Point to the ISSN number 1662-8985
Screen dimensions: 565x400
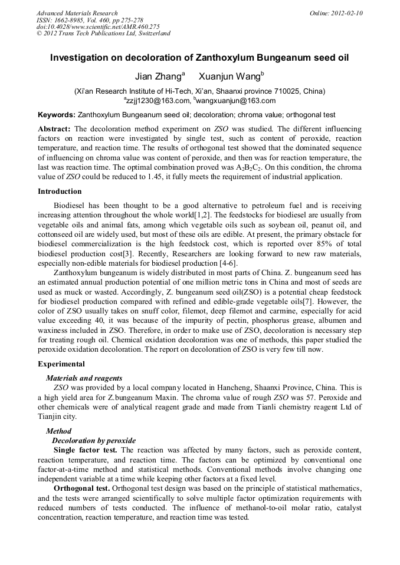click(x=70, y=19)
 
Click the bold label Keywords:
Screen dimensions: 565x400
click(x=56, y=114)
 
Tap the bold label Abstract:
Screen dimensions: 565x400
click(x=54, y=128)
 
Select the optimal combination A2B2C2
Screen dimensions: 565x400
click(x=247, y=167)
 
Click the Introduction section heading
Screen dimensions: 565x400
click(x=60, y=191)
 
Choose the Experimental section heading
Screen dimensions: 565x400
click(x=61, y=364)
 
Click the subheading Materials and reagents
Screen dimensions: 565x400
click(x=84, y=378)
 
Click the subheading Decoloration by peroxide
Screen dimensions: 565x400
click(x=94, y=440)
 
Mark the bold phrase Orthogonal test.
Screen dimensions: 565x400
click(x=81, y=488)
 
